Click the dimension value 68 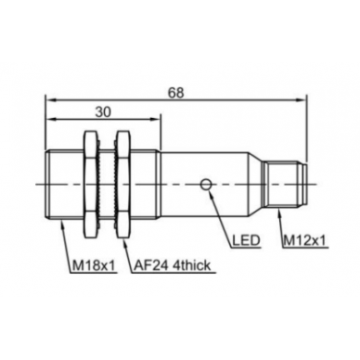pyautogui.click(x=175, y=93)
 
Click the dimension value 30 pyautogui.click(x=103, y=112)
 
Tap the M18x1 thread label pyautogui.click(x=94, y=265)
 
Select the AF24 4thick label pyautogui.click(x=173, y=265)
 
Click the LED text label pyautogui.click(x=246, y=240)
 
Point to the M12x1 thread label pyautogui.click(x=304, y=240)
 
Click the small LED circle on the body pyautogui.click(x=206, y=185)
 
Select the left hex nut pyautogui.click(x=90, y=185)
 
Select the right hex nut pyautogui.click(x=122, y=185)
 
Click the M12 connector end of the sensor pyautogui.click(x=285, y=185)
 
